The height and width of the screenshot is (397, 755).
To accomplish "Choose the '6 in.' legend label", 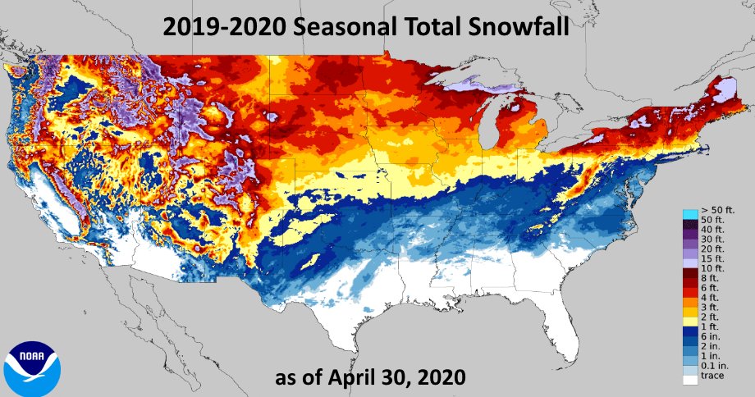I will click(x=712, y=335).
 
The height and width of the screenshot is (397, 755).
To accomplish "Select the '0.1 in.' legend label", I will click(x=714, y=368).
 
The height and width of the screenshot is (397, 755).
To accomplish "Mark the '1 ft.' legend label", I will click(x=712, y=325).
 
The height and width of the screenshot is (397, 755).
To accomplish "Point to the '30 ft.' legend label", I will click(x=712, y=236).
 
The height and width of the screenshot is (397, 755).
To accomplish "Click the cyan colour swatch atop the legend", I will click(x=689, y=214).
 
